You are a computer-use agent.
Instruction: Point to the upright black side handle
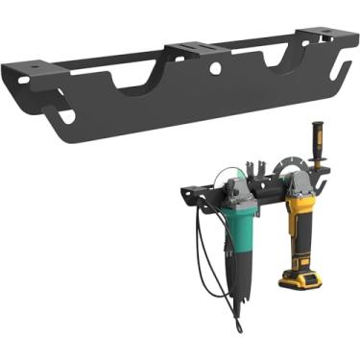pyautogui.click(x=316, y=143)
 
